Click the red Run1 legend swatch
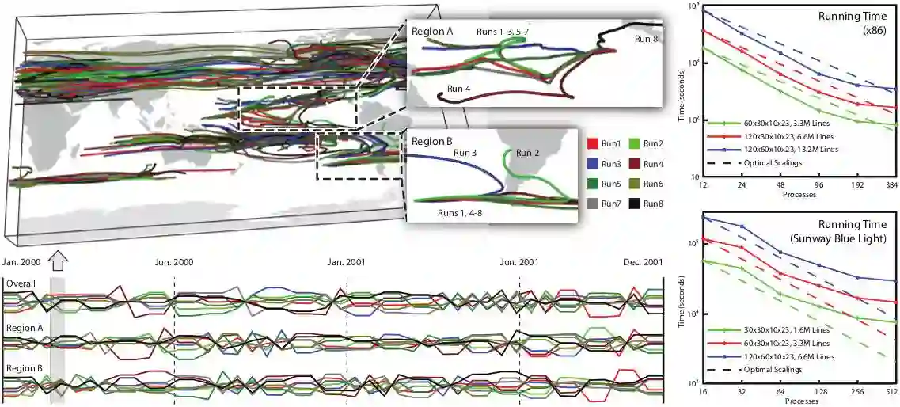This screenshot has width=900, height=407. pyautogui.click(x=593, y=144)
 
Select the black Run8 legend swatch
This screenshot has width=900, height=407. pyautogui.click(x=636, y=203)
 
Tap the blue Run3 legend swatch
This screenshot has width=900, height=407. pyautogui.click(x=593, y=164)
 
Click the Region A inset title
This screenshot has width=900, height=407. pyautogui.click(x=432, y=31)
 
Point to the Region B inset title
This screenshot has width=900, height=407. pyautogui.click(x=432, y=142)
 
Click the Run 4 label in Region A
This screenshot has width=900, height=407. pyautogui.click(x=462, y=88)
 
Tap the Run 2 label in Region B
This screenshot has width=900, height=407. pyautogui.click(x=531, y=153)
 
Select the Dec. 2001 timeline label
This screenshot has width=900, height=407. pyautogui.click(x=642, y=261)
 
